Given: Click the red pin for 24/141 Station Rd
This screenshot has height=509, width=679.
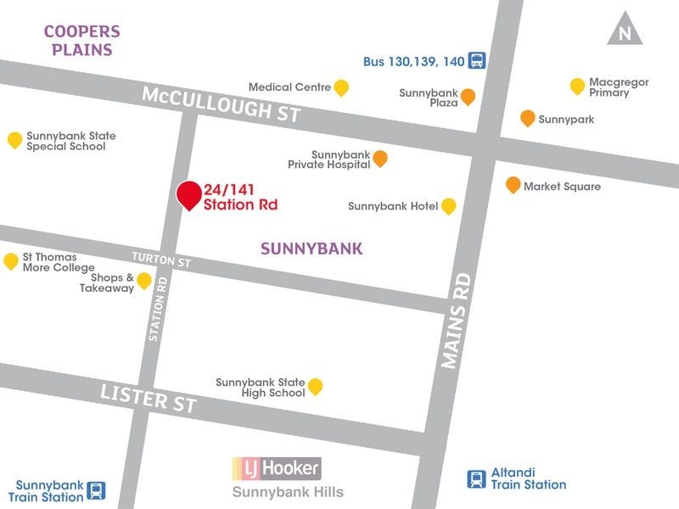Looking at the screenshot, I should tap(188, 194).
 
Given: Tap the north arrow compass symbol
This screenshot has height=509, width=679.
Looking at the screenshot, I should tap(625, 30).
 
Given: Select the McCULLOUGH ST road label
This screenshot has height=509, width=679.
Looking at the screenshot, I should tap(221, 103).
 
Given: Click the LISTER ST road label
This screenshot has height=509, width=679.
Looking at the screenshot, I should tap(149, 397).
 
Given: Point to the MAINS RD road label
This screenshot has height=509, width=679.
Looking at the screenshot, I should tap(456, 321).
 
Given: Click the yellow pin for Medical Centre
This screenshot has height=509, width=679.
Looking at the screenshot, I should tap(341, 87).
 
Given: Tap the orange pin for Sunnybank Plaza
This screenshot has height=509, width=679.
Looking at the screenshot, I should tap(468, 96).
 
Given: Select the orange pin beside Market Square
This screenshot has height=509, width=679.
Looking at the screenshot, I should tap(513, 184).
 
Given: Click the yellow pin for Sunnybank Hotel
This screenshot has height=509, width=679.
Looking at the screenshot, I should tap(448, 205).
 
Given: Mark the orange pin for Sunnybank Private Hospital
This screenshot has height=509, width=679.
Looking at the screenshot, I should tap(380, 158).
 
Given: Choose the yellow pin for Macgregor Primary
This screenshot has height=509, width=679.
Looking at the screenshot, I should tap(577, 86).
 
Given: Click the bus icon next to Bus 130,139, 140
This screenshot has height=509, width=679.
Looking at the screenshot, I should tap(477, 61).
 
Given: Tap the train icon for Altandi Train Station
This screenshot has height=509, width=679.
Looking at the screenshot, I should tap(477, 479).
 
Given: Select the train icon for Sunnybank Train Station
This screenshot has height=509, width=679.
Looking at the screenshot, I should tap(97, 490).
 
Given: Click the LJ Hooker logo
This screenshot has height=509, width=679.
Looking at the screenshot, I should tap(277, 467).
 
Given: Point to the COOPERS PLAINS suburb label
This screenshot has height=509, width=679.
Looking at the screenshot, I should tap(81, 40).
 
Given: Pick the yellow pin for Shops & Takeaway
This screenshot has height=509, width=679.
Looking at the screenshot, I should tap(144, 280).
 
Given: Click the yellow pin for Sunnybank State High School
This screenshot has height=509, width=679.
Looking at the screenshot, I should tap(315, 387).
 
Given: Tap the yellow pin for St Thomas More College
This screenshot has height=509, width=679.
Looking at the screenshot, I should tap(11, 260).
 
